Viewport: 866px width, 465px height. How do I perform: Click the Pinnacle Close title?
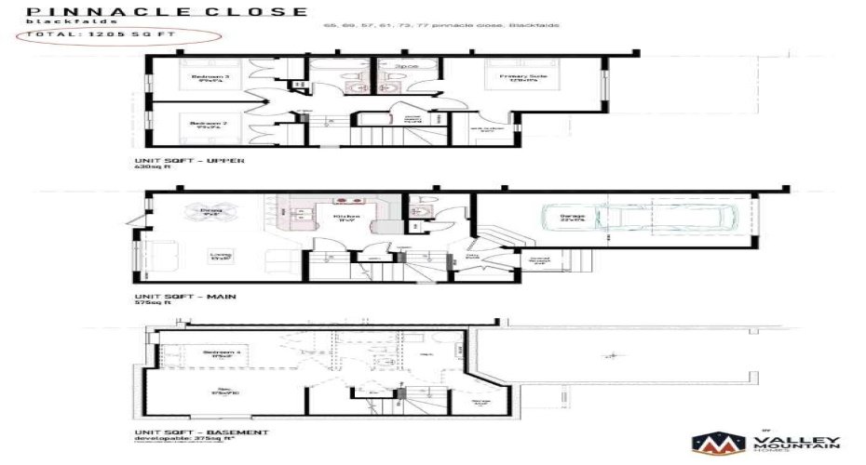[167, 11]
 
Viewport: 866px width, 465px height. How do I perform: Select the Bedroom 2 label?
[204, 124]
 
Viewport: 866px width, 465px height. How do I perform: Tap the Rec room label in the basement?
[224, 391]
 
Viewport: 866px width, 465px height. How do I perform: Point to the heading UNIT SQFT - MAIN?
[185, 296]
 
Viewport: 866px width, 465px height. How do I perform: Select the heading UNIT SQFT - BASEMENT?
[202, 432]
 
